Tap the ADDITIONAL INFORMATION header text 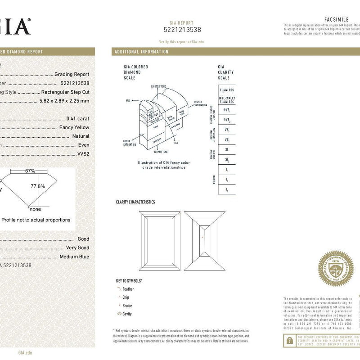pyautogui.click(x=141, y=52)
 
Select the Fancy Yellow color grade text pyautogui.click(x=74, y=127)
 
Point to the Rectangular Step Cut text pyautogui.click(x=65, y=92)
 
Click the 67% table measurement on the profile pyautogui.click(x=30, y=171)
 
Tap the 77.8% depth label pyautogui.click(x=37, y=186)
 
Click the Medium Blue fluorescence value pyautogui.click(x=75, y=256)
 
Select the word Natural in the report pyautogui.click(x=81, y=136)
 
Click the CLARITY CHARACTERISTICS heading pyautogui.click(x=135, y=202)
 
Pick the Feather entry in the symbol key pyautogui.click(x=128, y=289)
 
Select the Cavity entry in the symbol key pyautogui.click(x=127, y=314)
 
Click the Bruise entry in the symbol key pyautogui.click(x=127, y=306)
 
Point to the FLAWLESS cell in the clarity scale pyautogui.click(x=226, y=90)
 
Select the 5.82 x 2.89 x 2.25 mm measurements pyautogui.click(x=64, y=101)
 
